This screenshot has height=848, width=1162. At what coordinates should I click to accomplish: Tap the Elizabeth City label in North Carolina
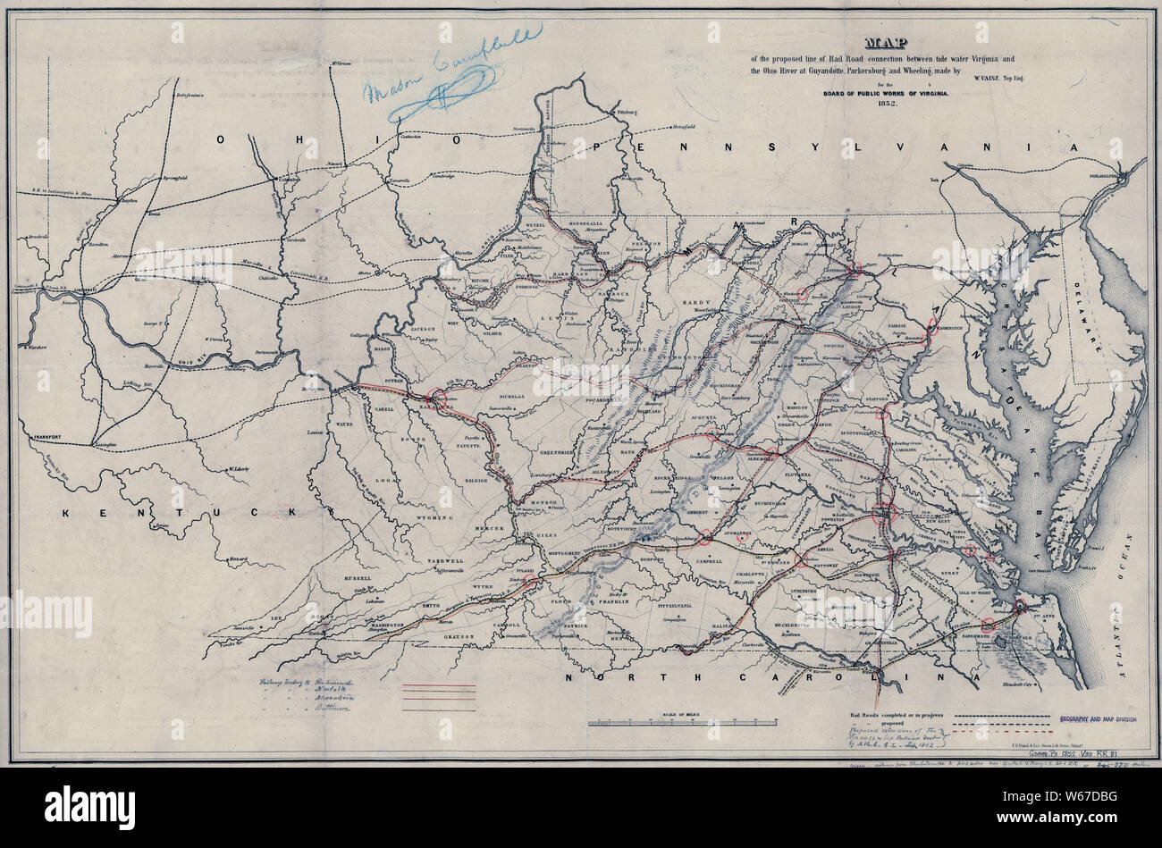point(1039,684)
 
